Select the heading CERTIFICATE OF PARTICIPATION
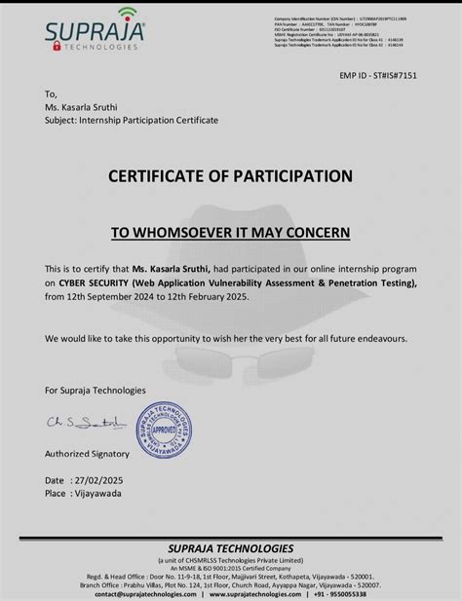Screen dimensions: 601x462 (230, 176)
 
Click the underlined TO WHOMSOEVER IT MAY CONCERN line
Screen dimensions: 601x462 (230, 233)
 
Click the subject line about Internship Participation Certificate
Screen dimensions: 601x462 (132, 120)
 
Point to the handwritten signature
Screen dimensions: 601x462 (87, 424)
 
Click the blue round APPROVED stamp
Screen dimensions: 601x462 (162, 429)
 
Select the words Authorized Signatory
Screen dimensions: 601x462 (87, 454)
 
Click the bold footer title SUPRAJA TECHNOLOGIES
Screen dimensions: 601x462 (230, 549)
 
